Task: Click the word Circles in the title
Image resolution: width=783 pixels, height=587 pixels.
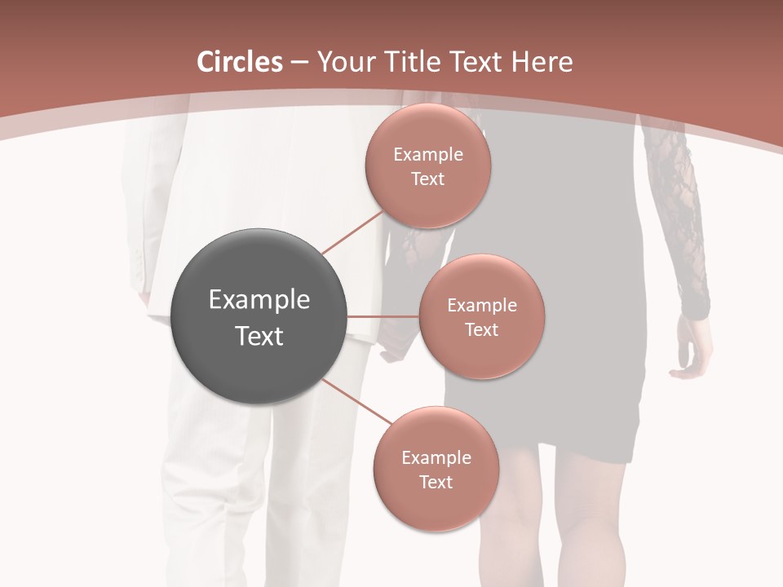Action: [x=239, y=62]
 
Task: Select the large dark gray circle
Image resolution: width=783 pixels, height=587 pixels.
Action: [x=259, y=316]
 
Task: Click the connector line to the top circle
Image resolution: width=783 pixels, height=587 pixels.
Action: [x=352, y=232]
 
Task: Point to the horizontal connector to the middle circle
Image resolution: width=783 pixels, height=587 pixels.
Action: [x=383, y=316]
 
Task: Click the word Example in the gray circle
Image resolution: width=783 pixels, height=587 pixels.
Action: [x=259, y=300]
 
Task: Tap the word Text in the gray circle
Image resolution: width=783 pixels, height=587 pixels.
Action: [x=259, y=336]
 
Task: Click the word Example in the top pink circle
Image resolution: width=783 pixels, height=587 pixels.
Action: [x=427, y=155]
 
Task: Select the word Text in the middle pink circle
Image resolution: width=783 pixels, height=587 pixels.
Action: [x=481, y=329]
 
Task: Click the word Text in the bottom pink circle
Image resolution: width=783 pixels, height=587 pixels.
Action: [x=436, y=482]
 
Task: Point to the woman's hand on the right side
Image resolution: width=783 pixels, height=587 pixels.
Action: [x=690, y=351]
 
